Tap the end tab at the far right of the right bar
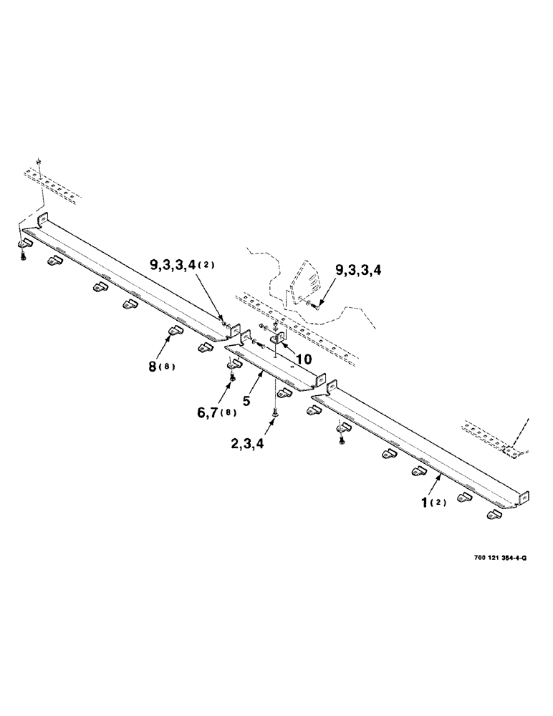pos(525,495)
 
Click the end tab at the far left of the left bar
pos(41,219)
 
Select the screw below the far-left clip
pos(23,256)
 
